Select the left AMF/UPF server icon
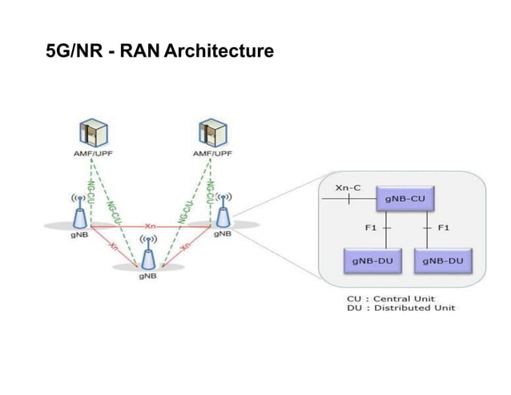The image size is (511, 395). pyautogui.click(x=93, y=132)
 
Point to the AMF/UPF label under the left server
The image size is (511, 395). pyautogui.click(x=94, y=154)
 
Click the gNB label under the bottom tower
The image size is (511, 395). pyautogui.click(x=147, y=277)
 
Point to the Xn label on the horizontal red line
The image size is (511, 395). pyautogui.click(x=150, y=224)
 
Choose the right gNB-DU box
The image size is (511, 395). pyautogui.click(x=445, y=260)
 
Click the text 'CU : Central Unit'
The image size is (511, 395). pyautogui.click(x=390, y=298)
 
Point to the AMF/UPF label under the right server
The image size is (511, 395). pyautogui.click(x=212, y=154)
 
